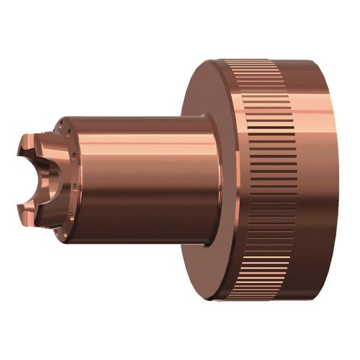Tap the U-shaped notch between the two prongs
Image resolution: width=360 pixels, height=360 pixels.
pyautogui.click(x=29, y=176)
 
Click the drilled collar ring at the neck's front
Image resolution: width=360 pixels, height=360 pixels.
pyautogui.click(x=69, y=180)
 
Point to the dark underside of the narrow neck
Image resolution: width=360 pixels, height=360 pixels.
pyautogui.click(x=144, y=230)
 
